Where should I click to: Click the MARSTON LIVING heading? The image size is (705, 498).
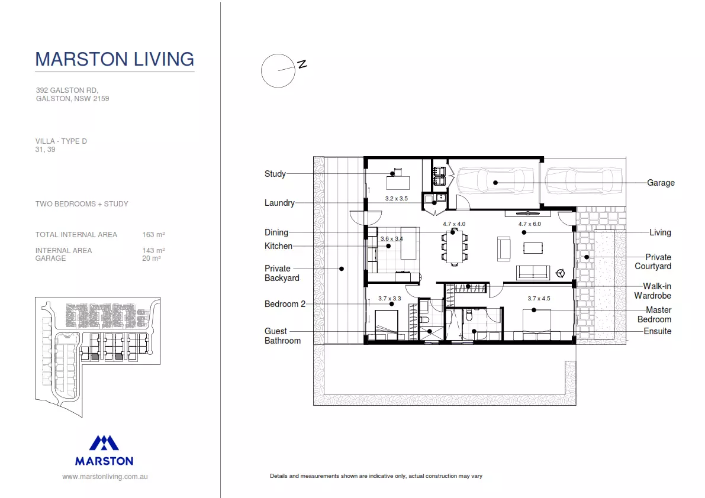pos(114,59)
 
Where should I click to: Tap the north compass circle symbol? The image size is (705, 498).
pos(278,71)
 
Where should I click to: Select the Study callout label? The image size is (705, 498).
pos(275,174)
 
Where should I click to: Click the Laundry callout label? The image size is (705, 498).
pos(279,203)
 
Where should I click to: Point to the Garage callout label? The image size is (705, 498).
pos(661,183)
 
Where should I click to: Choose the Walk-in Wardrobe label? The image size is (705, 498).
pos(653,291)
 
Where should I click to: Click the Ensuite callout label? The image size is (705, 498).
pos(658,331)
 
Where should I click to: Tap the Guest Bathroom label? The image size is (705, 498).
pos(282,336)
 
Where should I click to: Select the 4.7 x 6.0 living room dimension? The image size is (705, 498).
pos(529,224)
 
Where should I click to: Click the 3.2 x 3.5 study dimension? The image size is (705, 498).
pos(396,199)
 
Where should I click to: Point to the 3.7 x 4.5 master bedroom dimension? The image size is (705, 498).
pos(539,299)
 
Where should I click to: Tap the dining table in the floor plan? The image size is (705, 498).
pos(454,245)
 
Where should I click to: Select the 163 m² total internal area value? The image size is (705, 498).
pos(153,235)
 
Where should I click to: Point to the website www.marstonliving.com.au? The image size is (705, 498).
pos(105,476)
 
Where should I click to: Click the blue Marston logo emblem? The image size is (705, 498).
pos(104,443)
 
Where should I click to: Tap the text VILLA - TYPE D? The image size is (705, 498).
pos(61,141)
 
